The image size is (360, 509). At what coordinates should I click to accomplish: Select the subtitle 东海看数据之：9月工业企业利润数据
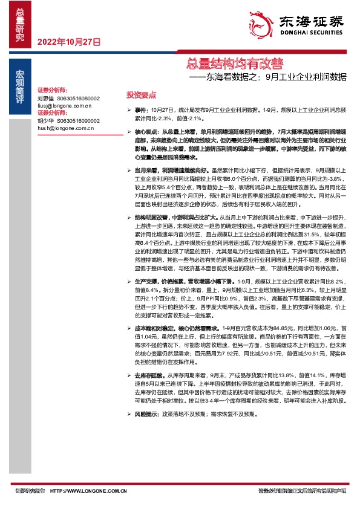[268, 77]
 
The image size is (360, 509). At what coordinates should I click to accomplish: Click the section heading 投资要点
[141, 95]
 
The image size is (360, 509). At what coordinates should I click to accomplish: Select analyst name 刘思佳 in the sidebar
[46, 97]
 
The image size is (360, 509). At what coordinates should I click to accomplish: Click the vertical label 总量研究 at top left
[20, 25]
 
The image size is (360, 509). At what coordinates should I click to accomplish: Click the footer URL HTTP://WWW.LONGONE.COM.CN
[88, 490]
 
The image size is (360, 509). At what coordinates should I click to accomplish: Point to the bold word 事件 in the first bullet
[140, 110]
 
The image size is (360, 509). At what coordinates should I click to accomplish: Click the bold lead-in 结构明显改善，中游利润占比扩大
[176, 216]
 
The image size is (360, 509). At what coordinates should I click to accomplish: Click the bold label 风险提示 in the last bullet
[146, 415]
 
